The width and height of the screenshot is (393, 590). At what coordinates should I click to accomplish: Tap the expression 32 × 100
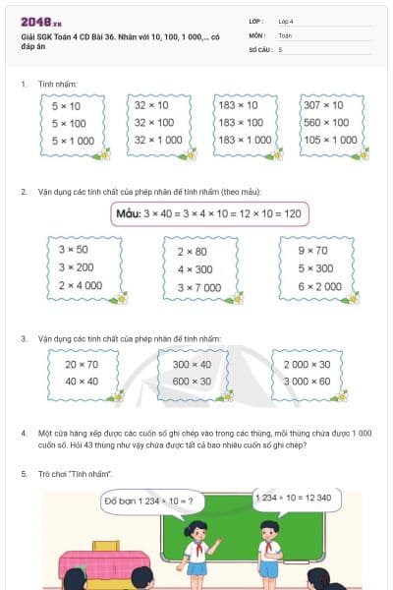152,122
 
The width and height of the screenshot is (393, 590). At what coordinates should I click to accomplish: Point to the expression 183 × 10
239,104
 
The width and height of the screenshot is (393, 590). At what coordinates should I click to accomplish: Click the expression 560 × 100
326,122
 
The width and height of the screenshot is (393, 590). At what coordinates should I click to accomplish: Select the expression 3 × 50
74,250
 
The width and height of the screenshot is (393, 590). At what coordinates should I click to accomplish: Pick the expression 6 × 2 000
319,286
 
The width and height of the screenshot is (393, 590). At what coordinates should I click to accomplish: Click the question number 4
23,433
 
